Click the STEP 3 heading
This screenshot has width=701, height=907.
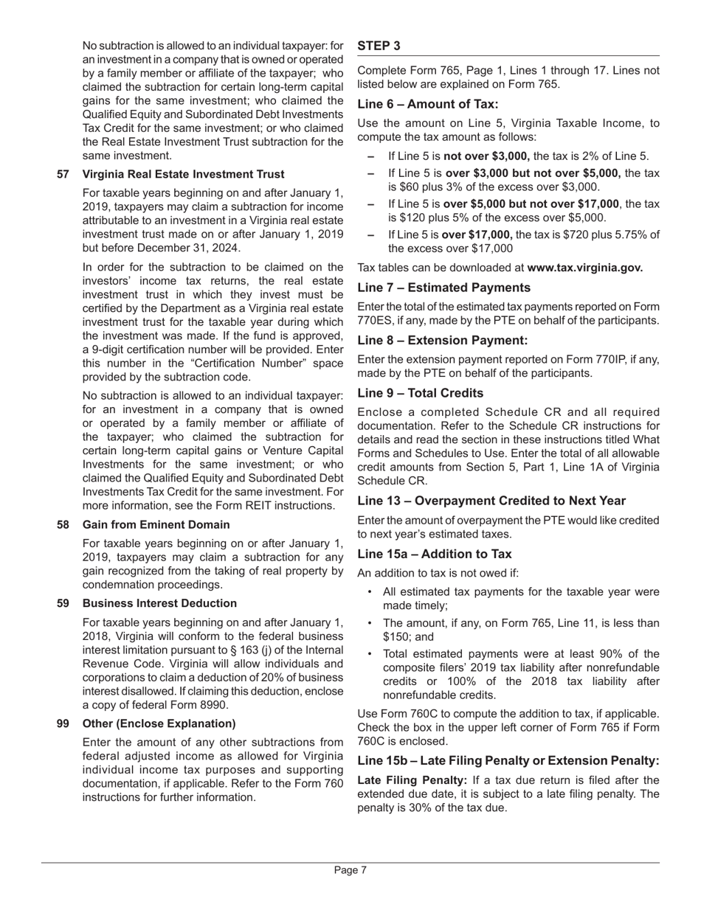coord(379,46)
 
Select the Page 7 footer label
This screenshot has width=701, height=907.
coord(350,870)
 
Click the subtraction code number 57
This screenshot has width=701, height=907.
coord(63,174)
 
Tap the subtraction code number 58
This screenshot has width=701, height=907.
coord(63,524)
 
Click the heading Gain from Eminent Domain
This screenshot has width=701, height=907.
coord(156,524)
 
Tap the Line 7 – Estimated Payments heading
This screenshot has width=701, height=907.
coord(443,288)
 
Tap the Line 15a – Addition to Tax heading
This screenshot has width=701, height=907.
coord(435,554)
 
